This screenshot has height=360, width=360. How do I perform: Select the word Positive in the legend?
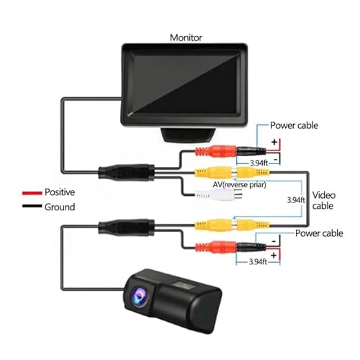click(x=60, y=192)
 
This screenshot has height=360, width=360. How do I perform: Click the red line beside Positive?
click(x=30, y=193)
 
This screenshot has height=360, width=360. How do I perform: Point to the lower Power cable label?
click(x=320, y=235)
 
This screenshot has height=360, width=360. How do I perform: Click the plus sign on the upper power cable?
click(x=274, y=141)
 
